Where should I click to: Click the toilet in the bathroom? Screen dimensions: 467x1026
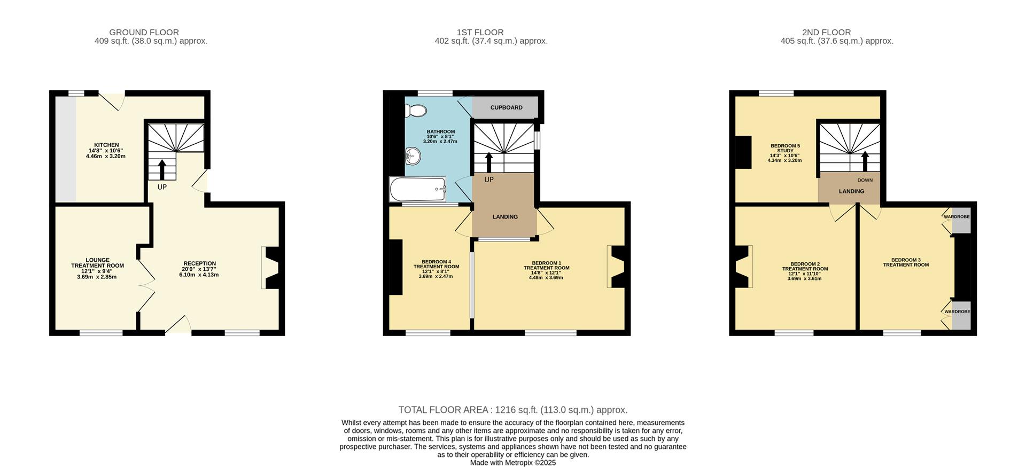click(x=416, y=111)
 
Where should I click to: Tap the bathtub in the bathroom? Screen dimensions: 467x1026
click(x=417, y=189)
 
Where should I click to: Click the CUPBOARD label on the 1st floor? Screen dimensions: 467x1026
click(x=506, y=108)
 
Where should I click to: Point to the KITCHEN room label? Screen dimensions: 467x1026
click(x=106, y=145)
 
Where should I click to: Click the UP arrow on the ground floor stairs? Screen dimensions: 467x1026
click(x=162, y=169)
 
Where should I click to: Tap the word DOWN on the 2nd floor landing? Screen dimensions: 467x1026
click(x=865, y=180)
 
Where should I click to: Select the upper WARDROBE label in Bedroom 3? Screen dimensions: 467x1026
click(x=956, y=217)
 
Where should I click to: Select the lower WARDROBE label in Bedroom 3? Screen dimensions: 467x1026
click(x=957, y=312)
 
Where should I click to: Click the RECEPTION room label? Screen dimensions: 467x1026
click(x=199, y=263)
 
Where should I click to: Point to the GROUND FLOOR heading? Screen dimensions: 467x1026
click(x=144, y=33)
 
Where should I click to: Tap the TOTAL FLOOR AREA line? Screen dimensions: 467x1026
click(x=512, y=410)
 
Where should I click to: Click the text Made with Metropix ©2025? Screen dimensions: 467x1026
click(x=512, y=463)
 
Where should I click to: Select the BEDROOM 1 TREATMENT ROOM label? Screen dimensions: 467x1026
click(x=546, y=266)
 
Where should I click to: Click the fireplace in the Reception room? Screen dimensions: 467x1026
click(x=272, y=268)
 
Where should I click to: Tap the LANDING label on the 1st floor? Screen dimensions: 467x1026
click(x=504, y=217)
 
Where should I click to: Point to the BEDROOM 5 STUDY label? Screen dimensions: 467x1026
click(x=784, y=148)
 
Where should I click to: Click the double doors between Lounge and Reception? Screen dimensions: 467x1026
click(x=146, y=285)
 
